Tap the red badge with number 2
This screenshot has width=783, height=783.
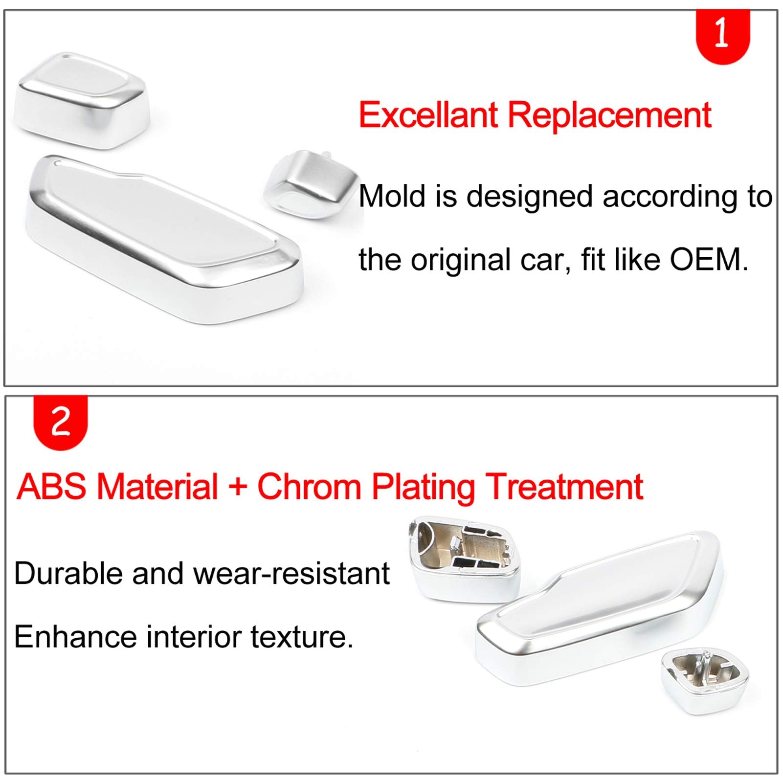(x=60, y=422)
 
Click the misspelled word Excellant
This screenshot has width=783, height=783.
(x=428, y=115)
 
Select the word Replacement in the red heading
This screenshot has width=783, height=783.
(x=609, y=116)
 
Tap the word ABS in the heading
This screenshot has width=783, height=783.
(x=51, y=487)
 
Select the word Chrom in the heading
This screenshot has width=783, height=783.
(x=309, y=487)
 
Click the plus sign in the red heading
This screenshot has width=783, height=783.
(x=238, y=488)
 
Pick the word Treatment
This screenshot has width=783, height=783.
(x=565, y=487)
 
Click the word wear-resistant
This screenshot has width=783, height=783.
(x=292, y=573)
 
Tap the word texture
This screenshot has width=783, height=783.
(x=302, y=637)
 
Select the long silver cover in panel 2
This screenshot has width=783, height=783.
(x=599, y=606)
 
